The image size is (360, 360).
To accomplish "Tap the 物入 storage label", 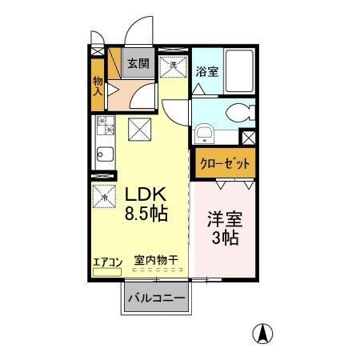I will [x=98, y=86].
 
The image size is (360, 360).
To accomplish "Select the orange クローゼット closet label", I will [x=223, y=163].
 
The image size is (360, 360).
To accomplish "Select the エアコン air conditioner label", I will [x=106, y=261].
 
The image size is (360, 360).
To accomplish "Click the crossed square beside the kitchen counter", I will [x=138, y=128].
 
